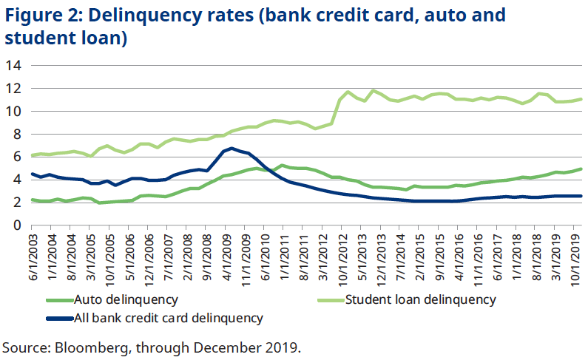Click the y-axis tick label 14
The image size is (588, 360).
(13, 66)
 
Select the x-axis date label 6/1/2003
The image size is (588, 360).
(34, 256)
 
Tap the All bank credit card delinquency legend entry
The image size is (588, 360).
(168, 319)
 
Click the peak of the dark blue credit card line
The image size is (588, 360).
(232, 149)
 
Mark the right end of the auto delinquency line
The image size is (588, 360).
(581, 169)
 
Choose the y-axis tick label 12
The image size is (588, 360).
(13, 89)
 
